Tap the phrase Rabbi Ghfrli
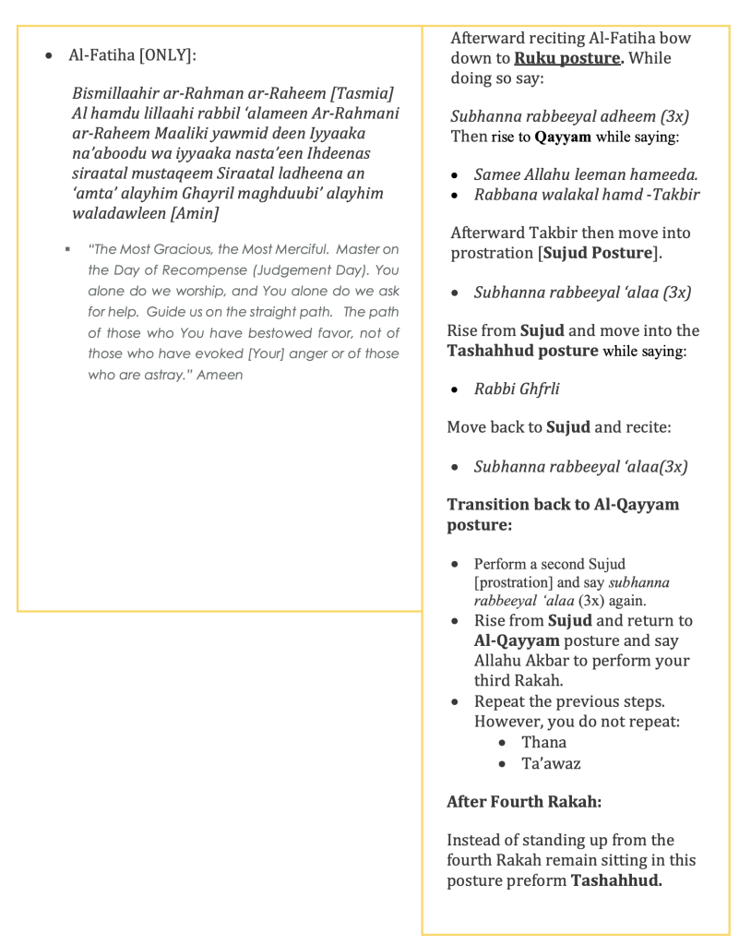coord(517,389)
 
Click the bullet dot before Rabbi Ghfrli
coord(455,389)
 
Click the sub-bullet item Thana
coord(543,742)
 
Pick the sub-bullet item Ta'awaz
coord(551,763)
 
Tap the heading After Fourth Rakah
coord(524,802)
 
